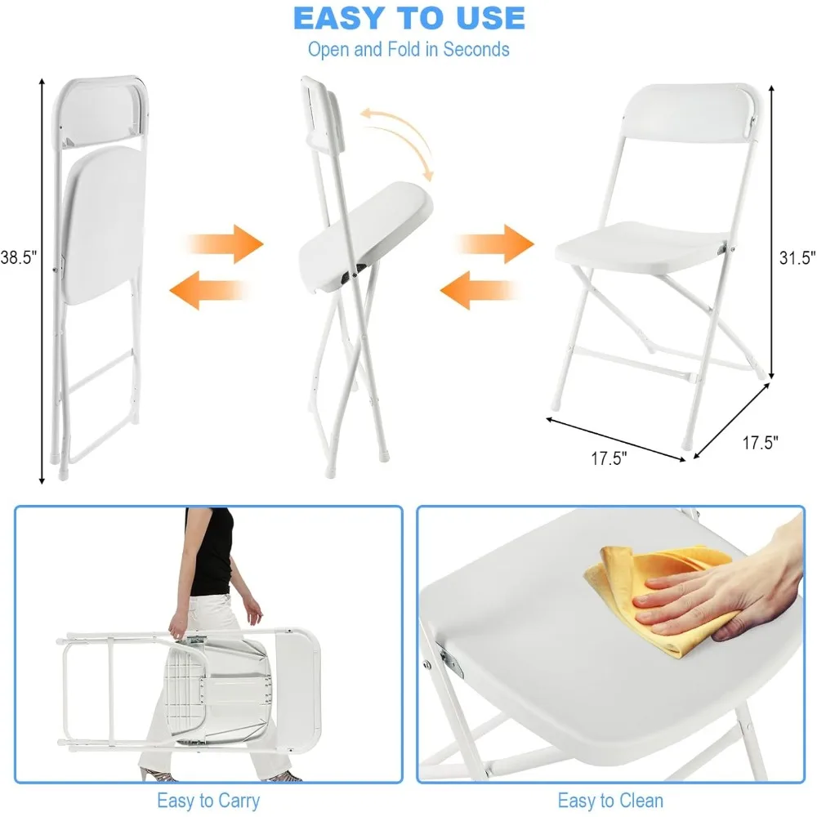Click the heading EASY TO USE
[x=408, y=18]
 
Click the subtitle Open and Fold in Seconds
[x=408, y=49]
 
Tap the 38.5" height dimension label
[x=19, y=258]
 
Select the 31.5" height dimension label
[x=797, y=258]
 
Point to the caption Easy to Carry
[x=208, y=800]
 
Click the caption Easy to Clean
[x=610, y=800]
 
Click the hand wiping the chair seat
[x=719, y=592]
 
